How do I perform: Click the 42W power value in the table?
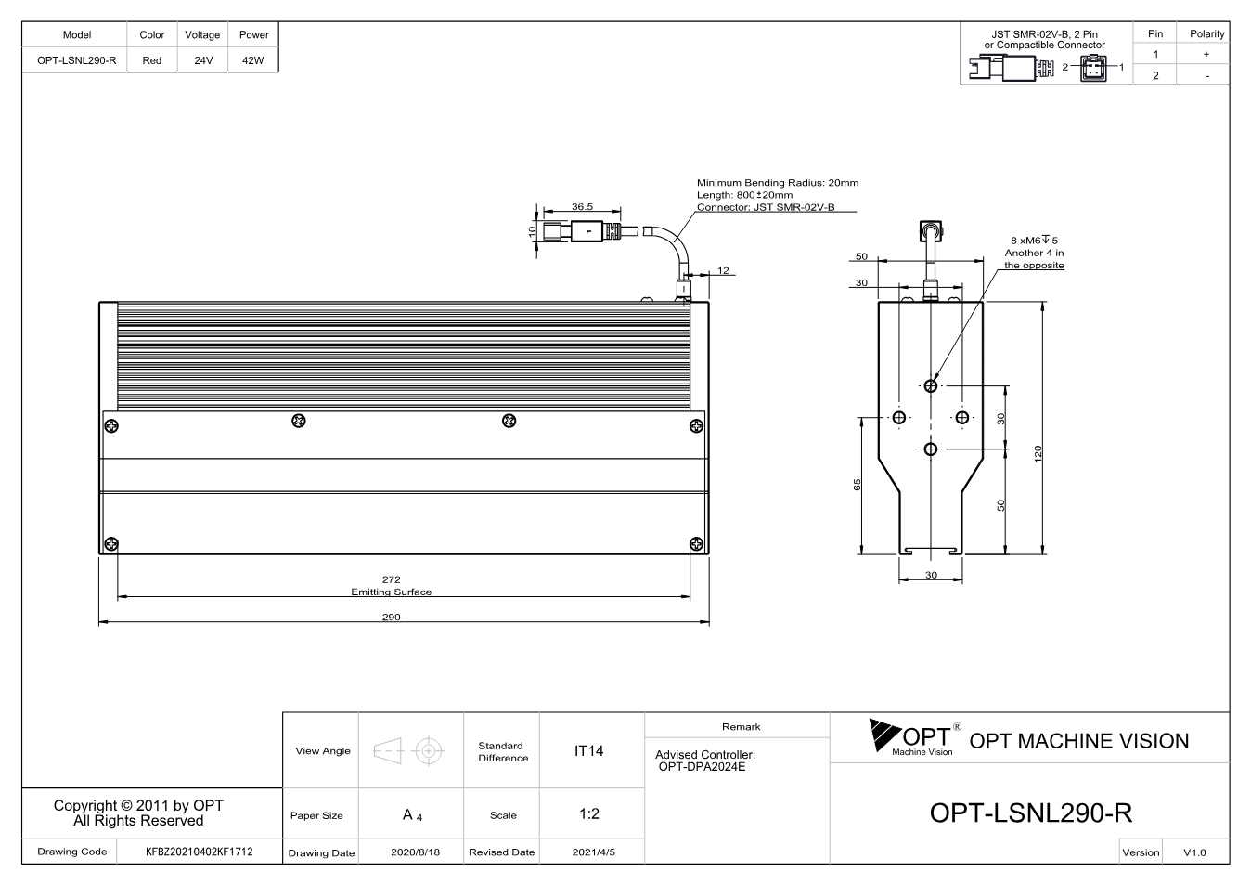click(x=252, y=60)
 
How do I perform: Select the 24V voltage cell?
click(x=203, y=60)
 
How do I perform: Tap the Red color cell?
click(x=152, y=60)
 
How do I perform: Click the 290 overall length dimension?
click(x=391, y=617)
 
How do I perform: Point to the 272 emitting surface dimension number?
click(x=391, y=579)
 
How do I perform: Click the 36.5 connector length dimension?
click(x=582, y=206)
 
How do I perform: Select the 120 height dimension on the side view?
click(x=1038, y=453)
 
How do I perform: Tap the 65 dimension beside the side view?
click(x=858, y=485)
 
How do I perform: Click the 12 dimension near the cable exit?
click(x=723, y=270)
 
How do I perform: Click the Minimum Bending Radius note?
click(x=778, y=183)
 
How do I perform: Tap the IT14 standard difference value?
click(x=588, y=751)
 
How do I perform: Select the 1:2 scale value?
click(x=589, y=813)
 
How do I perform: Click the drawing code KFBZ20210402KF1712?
click(x=200, y=852)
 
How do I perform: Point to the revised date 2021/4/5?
click(x=593, y=852)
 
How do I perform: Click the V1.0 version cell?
click(x=1194, y=852)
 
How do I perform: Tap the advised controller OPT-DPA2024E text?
click(x=702, y=766)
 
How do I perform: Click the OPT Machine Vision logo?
click(x=915, y=737)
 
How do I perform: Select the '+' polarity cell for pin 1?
click(x=1206, y=54)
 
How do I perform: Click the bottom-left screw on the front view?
click(x=111, y=543)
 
